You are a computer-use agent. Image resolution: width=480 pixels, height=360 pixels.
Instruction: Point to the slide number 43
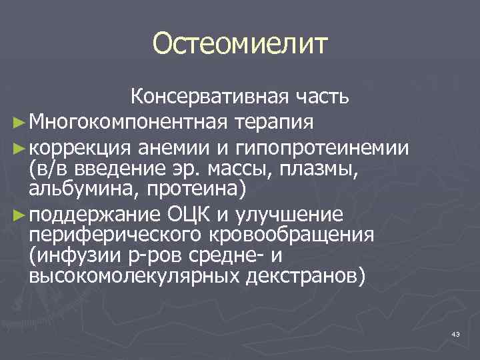click(456, 334)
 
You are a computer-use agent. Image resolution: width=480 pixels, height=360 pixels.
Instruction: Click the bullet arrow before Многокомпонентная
click(18, 123)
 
